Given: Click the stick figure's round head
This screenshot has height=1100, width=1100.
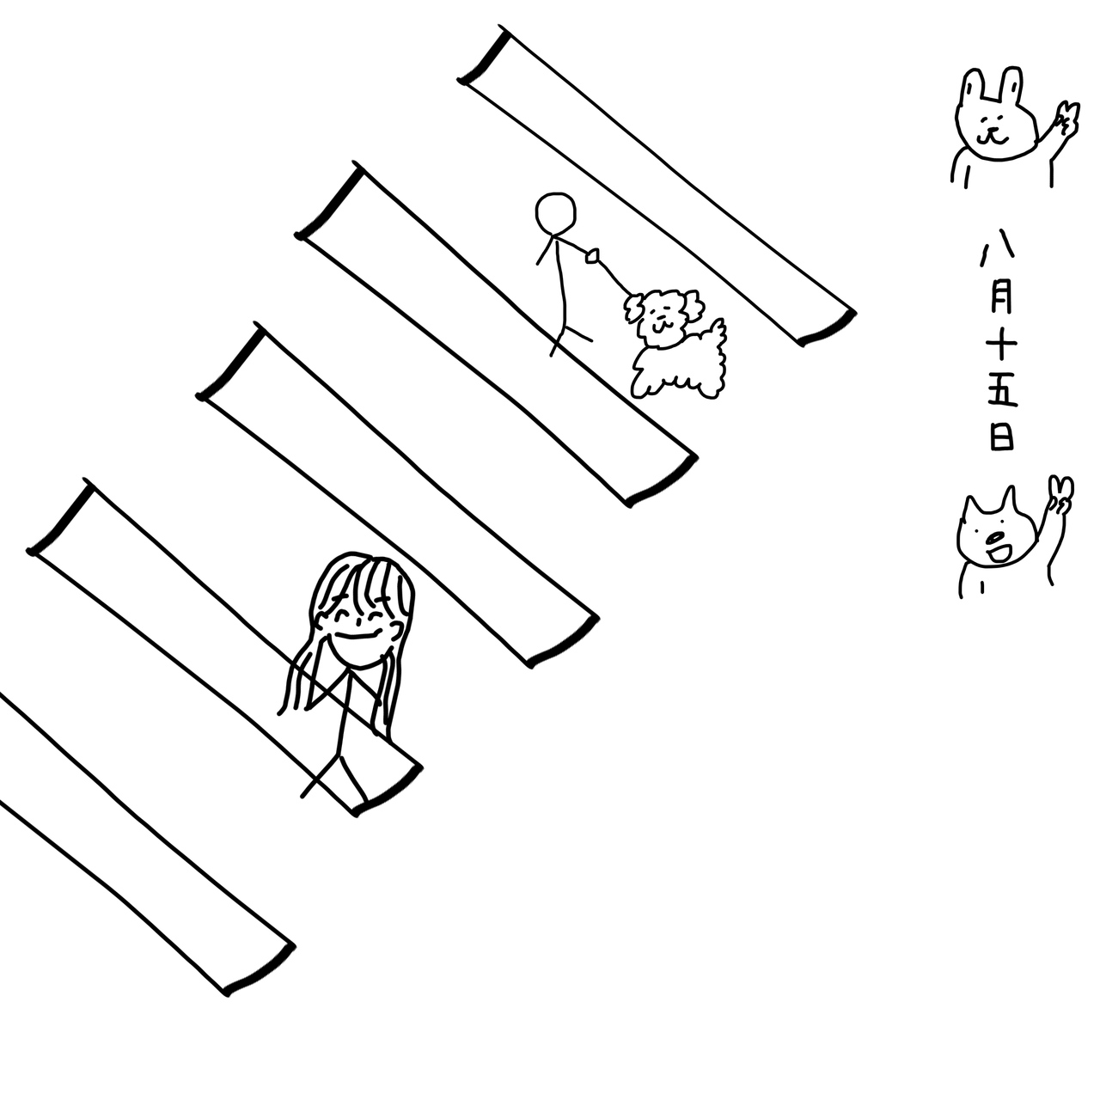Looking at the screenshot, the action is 555,213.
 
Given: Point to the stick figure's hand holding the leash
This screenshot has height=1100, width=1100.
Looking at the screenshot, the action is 592,256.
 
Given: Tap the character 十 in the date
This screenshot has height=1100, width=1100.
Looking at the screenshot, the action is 1000,345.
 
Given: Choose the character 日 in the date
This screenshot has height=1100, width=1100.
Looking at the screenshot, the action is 1001,437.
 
